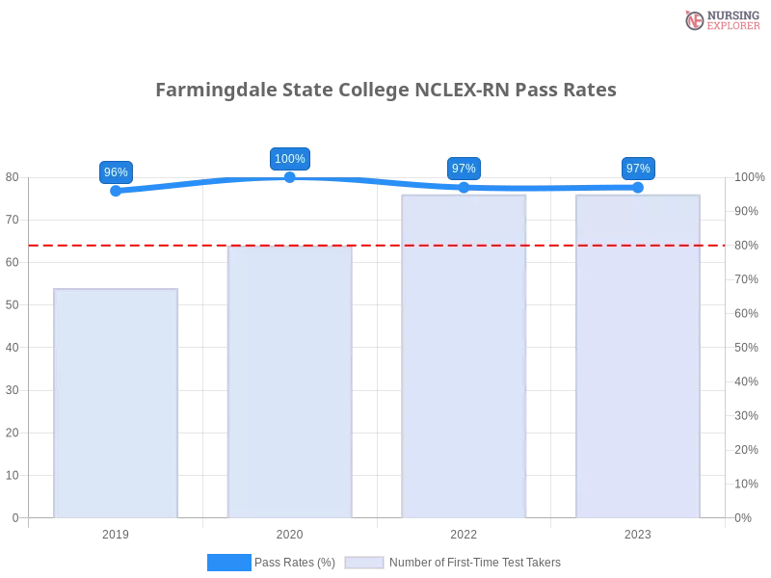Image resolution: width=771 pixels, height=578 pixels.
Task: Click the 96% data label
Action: click(x=116, y=172)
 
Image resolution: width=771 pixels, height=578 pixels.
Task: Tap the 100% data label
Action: click(x=290, y=159)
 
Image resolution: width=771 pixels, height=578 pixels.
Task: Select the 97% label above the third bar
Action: click(x=464, y=169)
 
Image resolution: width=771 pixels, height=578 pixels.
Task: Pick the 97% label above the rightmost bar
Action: click(x=638, y=169)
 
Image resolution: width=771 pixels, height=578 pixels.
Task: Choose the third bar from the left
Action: click(x=465, y=356)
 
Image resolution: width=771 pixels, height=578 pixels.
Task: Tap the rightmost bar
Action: click(x=636, y=356)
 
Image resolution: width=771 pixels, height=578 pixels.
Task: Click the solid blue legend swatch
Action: click(x=229, y=563)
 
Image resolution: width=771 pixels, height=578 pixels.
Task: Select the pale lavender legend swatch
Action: click(x=364, y=563)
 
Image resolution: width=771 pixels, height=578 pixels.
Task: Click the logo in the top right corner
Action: click(x=720, y=19)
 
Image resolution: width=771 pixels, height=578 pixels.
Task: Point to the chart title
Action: click(x=385, y=90)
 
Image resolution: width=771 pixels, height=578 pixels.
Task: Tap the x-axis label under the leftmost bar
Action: click(x=116, y=532)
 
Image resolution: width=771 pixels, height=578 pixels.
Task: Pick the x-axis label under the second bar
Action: click(x=289, y=532)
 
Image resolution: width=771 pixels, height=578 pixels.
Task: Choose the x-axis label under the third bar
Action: click(x=464, y=532)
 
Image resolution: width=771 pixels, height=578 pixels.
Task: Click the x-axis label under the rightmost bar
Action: click(x=638, y=532)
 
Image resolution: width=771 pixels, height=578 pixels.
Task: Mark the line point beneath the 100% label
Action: click(x=290, y=177)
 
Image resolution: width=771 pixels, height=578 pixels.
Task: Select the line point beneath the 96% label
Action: click(x=117, y=191)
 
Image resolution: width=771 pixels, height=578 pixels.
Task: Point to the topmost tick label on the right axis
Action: click(x=750, y=176)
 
